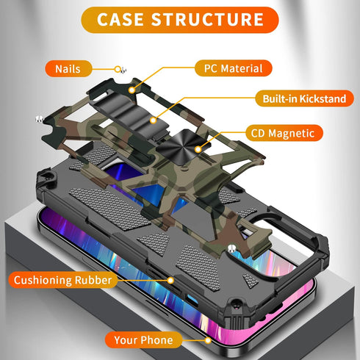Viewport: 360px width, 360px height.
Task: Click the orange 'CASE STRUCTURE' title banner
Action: (x=180, y=20)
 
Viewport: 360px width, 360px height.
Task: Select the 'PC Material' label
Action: (x=228, y=68)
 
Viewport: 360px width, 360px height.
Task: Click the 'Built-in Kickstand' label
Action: (x=299, y=98)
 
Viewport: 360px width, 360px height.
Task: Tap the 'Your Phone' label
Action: (x=143, y=340)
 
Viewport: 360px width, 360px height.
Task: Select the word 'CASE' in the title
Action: (x=123, y=20)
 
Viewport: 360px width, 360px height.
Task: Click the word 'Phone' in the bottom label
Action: (x=158, y=340)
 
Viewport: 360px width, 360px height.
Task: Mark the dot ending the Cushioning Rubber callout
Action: (x=170, y=279)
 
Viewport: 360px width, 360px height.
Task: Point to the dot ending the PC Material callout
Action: (x=134, y=90)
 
